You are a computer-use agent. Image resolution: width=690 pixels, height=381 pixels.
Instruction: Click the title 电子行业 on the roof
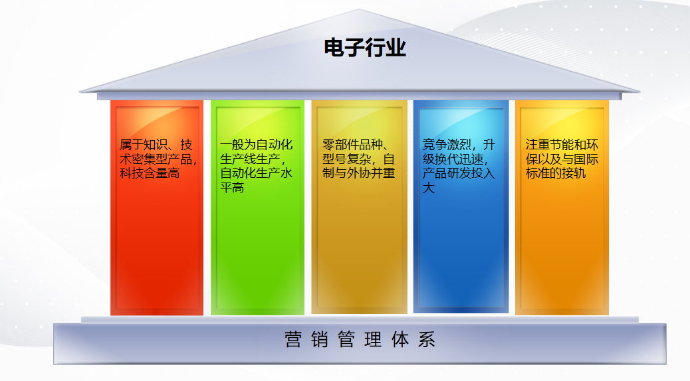[x=365, y=48]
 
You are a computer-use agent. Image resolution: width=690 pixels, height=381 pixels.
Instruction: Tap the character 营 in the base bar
[x=293, y=340]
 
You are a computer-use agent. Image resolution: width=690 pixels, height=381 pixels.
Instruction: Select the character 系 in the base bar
[x=426, y=340]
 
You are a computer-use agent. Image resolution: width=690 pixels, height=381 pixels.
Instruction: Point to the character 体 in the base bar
[x=400, y=340]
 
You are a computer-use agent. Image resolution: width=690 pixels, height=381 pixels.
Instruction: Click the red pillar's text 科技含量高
[x=150, y=173]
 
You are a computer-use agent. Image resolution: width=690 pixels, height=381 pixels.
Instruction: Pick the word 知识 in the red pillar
[x=156, y=145]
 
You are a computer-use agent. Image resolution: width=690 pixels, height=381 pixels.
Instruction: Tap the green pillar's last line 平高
[x=232, y=188]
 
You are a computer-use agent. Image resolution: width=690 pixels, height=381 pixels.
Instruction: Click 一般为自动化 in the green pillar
[x=256, y=145]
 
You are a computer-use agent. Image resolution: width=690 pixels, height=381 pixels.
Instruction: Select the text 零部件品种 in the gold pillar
[x=352, y=145]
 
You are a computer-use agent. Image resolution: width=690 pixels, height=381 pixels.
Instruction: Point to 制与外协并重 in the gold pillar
[x=359, y=173]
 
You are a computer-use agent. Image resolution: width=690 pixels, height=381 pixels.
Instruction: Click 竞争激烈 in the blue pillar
[x=447, y=145]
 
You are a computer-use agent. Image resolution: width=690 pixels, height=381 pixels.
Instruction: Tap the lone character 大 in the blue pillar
[x=429, y=188]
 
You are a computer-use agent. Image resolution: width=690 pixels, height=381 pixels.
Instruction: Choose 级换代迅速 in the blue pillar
[x=453, y=159]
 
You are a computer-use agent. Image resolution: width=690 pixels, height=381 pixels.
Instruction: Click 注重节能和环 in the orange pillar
[x=562, y=145]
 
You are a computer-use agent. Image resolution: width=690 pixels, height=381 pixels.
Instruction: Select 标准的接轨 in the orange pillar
[x=556, y=173]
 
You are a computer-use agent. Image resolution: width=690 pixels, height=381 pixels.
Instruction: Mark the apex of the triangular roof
[x=359, y=9]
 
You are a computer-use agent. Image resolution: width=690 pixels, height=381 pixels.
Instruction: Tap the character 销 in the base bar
[x=320, y=340]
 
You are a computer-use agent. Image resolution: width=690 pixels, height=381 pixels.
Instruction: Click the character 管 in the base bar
[x=346, y=340]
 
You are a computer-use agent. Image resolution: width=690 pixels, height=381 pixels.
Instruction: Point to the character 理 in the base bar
[x=373, y=340]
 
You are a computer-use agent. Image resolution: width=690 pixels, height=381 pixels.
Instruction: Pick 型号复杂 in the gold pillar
[x=347, y=159]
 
